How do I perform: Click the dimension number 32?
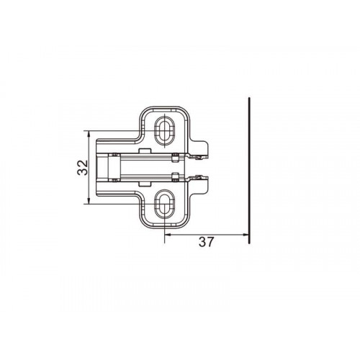83,167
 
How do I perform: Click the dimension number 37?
206,242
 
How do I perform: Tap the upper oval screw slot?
164,131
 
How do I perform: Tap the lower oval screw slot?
164,204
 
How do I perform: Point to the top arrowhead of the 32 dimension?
89,134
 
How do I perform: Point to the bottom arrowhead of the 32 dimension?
89,201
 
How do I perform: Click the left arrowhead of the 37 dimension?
168,235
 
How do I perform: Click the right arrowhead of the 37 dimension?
246,235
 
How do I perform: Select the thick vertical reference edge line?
250,171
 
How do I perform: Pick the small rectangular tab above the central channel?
145,151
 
